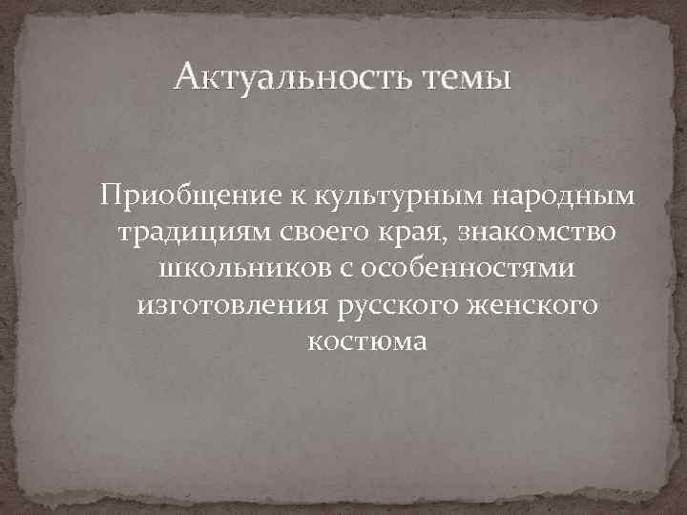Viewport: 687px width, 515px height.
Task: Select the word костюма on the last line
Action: pos(367,340)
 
